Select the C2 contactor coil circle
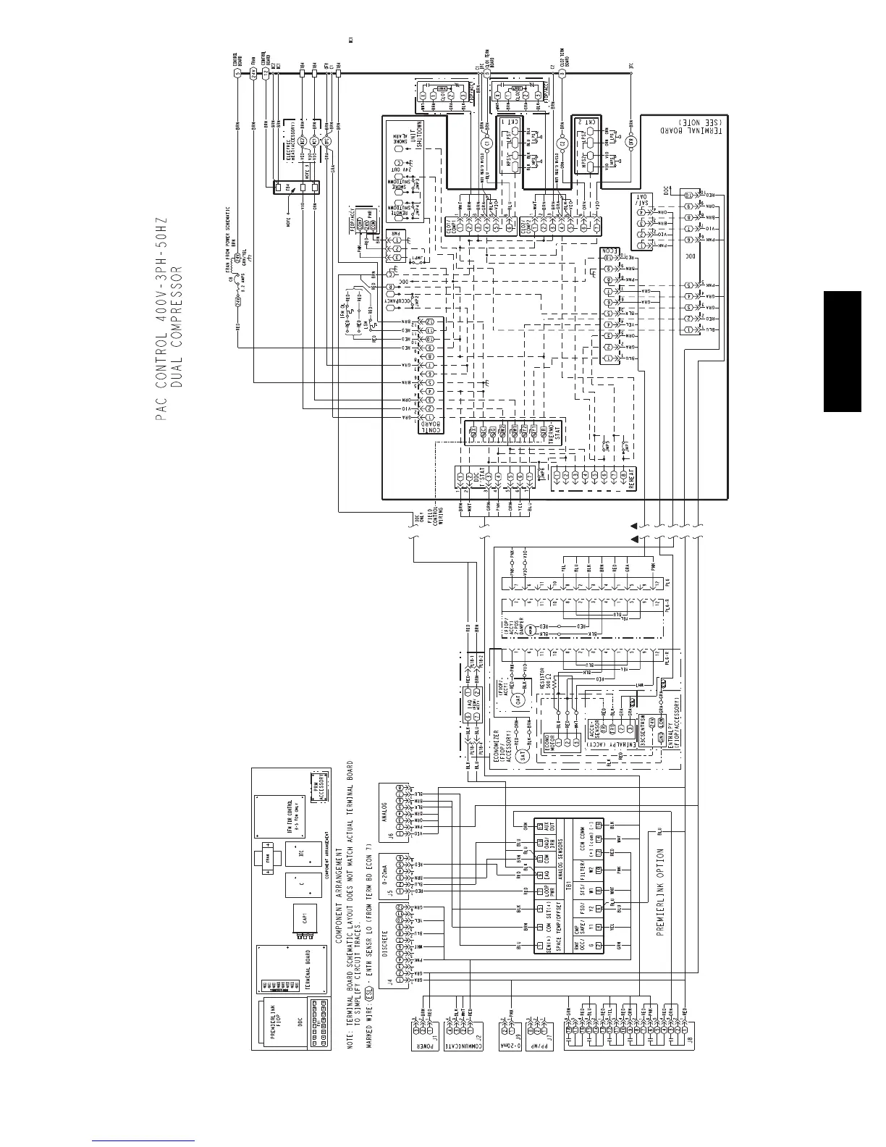[562, 143]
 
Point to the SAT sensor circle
[525, 754]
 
